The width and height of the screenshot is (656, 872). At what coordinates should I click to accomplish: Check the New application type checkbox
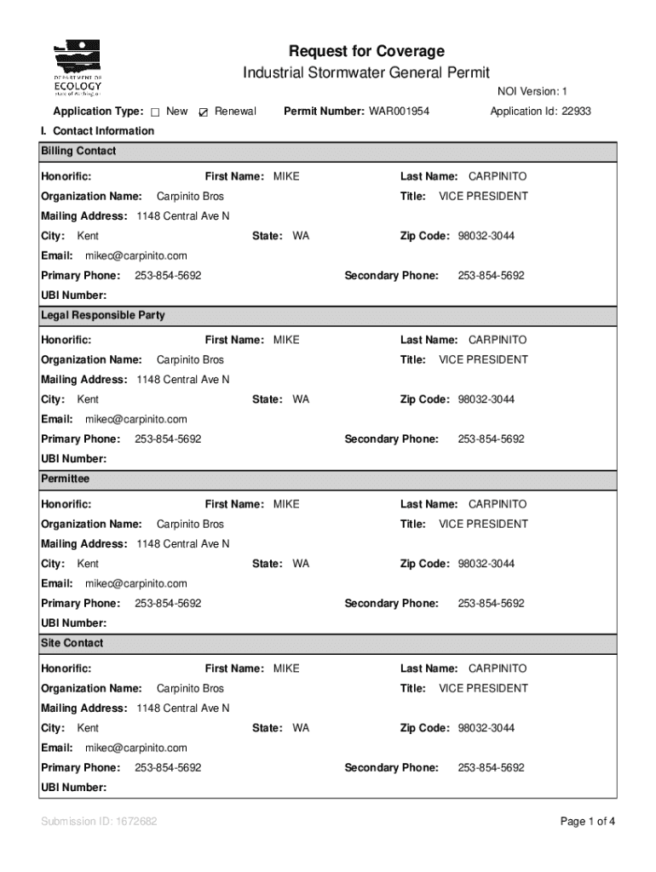click(156, 112)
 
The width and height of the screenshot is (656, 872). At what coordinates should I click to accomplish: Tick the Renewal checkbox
click(203, 112)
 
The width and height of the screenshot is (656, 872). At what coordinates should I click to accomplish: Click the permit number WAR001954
click(399, 112)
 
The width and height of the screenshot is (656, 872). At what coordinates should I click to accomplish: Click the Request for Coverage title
click(366, 51)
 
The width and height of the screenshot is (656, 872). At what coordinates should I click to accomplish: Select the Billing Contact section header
click(78, 152)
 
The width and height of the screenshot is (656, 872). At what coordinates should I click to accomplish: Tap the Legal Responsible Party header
click(103, 316)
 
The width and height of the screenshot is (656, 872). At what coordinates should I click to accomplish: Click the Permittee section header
click(65, 479)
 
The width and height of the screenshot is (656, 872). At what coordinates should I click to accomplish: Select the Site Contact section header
click(72, 644)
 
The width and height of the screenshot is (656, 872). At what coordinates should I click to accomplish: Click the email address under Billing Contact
click(135, 255)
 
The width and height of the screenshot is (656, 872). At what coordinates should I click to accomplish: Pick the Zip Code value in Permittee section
click(486, 564)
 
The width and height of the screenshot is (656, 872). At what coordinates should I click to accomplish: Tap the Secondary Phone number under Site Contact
click(491, 768)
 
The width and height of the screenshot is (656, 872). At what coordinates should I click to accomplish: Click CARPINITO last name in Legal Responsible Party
click(498, 340)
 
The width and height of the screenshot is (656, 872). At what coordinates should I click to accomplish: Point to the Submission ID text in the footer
click(99, 822)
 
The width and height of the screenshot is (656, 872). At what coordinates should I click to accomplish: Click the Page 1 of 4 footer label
click(587, 822)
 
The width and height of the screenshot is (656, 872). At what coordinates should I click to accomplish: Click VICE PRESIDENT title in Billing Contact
click(483, 197)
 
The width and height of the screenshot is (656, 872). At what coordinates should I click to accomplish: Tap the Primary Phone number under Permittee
click(168, 604)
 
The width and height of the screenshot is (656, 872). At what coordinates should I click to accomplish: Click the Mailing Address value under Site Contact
click(183, 708)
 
